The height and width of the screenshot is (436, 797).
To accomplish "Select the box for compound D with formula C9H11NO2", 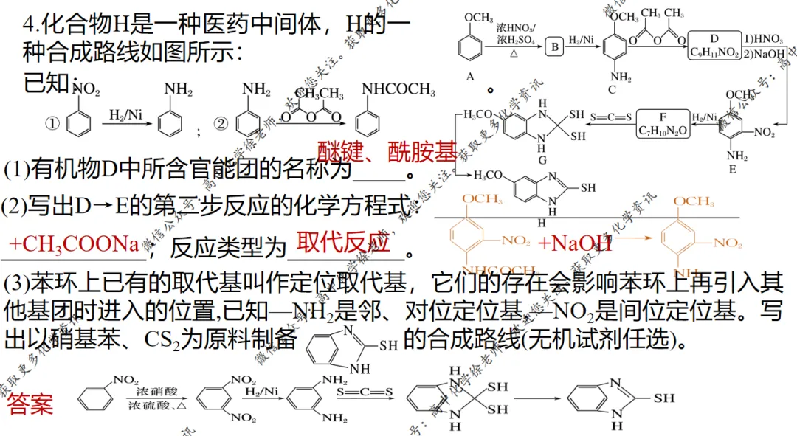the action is click(714, 45).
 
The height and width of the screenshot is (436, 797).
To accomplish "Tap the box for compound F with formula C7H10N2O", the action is click(662, 123).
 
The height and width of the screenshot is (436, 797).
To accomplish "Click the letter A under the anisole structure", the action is click(470, 77).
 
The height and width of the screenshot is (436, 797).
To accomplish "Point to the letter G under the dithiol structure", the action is click(542, 160).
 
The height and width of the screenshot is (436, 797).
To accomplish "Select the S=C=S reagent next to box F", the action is click(612, 117).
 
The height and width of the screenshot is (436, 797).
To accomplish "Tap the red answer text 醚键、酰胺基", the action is click(387, 152).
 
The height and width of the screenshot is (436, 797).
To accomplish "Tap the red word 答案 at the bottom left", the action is click(30, 404).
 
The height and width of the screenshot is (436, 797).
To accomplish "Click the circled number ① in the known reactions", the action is click(52, 124).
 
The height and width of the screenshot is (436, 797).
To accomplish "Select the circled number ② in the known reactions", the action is click(221, 124).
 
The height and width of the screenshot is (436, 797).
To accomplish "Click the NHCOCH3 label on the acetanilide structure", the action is click(398, 89).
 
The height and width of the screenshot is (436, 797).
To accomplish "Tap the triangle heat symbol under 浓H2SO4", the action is click(512, 54).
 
